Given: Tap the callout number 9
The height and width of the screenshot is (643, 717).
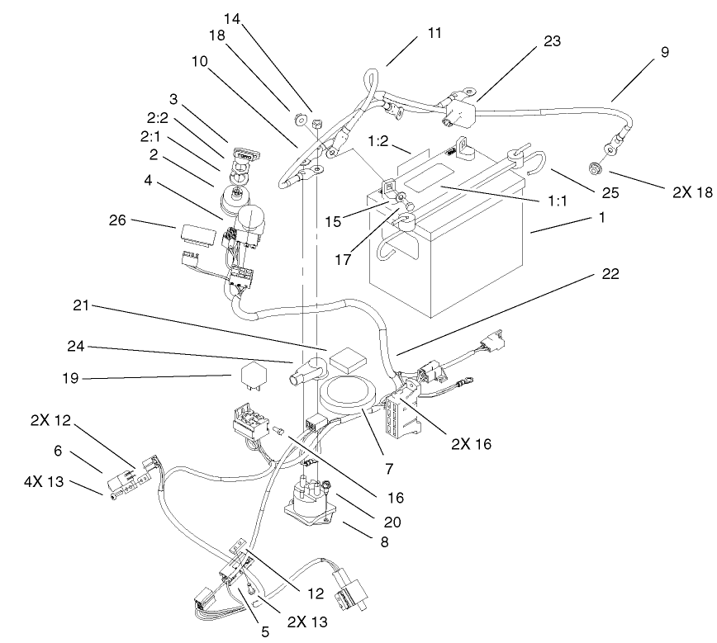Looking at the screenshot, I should click(x=664, y=52).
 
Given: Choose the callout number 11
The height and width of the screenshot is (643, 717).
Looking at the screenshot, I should click(x=434, y=33).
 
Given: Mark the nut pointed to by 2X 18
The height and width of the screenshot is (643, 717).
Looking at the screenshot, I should click(x=592, y=171).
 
